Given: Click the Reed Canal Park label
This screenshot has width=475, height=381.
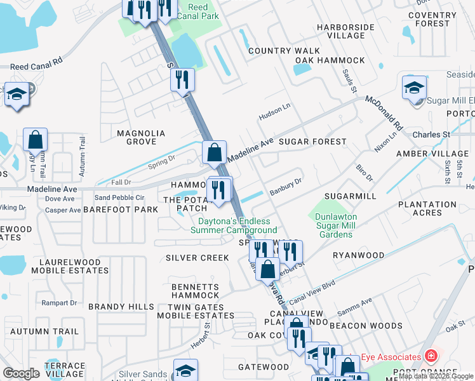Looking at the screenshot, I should pos(203,11).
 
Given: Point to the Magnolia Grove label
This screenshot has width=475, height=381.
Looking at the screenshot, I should pos(141,137).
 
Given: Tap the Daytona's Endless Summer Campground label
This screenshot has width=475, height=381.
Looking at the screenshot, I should pos(234,225).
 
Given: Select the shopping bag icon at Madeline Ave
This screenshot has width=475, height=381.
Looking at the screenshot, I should pos(215,152).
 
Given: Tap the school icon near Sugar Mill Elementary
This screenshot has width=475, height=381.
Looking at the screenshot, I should pos(414,88).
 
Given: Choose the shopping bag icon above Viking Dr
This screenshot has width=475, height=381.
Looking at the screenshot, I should pos(36,140).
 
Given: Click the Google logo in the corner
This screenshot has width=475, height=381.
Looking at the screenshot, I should pos(22,373).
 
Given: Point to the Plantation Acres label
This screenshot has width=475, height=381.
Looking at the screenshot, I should pos(427,209).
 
